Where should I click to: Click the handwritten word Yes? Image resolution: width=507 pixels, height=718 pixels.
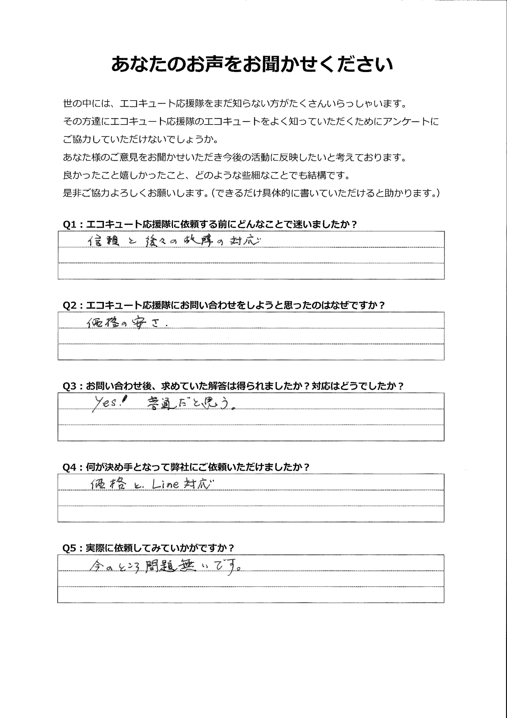click(x=108, y=403)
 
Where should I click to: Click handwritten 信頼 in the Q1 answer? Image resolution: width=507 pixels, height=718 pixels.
click(x=103, y=241)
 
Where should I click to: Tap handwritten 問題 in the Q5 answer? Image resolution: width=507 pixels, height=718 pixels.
click(x=161, y=566)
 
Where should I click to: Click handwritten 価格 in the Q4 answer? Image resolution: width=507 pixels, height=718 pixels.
click(x=108, y=484)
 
